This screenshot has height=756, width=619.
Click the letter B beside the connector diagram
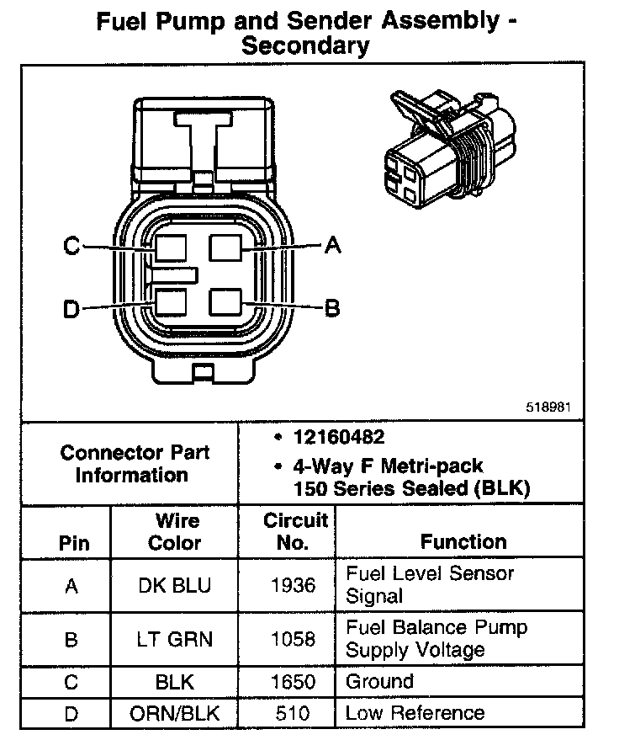click(x=332, y=308)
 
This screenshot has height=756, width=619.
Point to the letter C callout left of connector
click(x=71, y=247)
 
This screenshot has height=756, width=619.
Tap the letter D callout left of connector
click(x=71, y=310)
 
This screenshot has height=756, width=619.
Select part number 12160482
click(x=339, y=438)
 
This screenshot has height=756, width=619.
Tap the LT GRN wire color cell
click(x=174, y=640)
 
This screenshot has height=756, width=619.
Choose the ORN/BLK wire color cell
click(x=174, y=713)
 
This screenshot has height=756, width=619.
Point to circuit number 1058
click(x=292, y=640)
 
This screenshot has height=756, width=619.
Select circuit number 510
click(x=292, y=713)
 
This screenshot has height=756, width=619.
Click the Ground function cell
click(x=380, y=682)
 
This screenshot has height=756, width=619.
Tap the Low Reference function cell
click(x=415, y=713)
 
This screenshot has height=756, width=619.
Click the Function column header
click(x=463, y=541)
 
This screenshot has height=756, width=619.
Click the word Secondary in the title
click(x=305, y=45)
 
